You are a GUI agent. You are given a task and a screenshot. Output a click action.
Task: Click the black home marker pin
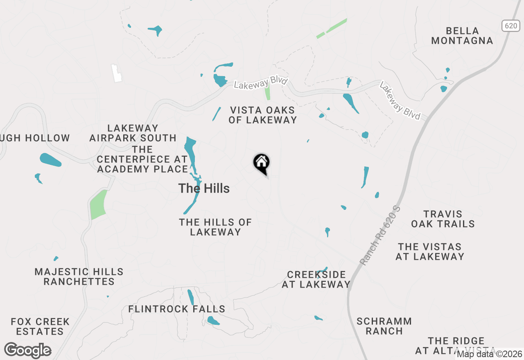262,163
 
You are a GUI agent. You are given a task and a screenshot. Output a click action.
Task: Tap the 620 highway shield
510,26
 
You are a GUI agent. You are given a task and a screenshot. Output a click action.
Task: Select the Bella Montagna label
462,36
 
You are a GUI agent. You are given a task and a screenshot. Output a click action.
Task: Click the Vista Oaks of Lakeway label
262,115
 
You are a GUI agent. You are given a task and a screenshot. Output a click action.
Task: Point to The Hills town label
204,189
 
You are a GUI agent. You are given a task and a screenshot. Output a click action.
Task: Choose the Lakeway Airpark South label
133,133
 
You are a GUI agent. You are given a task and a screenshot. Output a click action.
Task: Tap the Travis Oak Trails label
443,219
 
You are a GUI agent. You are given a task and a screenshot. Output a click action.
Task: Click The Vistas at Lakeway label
430,252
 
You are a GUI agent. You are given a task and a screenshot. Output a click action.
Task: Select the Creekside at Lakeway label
316,279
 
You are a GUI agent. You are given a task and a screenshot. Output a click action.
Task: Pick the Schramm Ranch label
384,326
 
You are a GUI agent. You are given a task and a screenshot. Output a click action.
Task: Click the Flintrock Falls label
177,309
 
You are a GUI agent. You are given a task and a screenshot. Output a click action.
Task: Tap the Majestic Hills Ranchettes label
79,277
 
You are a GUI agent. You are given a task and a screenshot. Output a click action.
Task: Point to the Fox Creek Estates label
40,326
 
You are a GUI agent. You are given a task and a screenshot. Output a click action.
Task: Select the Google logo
28,351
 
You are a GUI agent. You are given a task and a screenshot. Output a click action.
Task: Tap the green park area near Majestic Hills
98,204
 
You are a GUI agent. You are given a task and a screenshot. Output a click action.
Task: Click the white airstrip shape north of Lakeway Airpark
117,73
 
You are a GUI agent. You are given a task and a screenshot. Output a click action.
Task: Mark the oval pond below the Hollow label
50,160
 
